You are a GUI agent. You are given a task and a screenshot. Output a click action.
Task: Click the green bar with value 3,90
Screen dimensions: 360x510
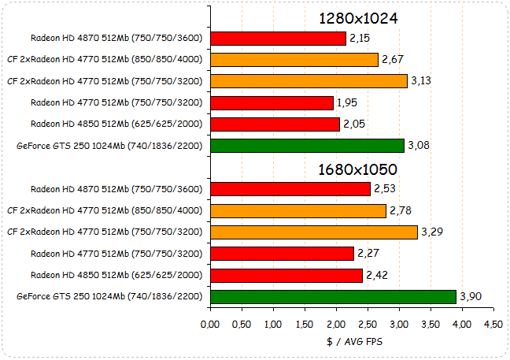click(333, 296)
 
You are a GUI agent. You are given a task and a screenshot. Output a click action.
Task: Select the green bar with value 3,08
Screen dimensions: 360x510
click(307, 145)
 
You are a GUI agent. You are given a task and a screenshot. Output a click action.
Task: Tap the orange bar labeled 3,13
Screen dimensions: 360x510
click(309, 80)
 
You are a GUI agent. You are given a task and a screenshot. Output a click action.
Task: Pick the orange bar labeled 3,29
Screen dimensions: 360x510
click(313, 232)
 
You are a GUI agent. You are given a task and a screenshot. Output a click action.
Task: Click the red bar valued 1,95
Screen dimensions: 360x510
click(272, 102)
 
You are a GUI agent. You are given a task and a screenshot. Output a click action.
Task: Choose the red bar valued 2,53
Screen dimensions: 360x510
click(290, 189)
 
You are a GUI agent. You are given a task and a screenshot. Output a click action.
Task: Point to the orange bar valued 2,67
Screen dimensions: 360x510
click(294, 59)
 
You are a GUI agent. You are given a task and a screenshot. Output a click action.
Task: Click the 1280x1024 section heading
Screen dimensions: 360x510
click(358, 18)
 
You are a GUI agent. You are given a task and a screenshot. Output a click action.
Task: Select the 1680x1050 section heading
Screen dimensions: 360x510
click(357, 169)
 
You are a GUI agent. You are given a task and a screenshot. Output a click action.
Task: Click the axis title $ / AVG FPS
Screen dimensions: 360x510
click(350, 342)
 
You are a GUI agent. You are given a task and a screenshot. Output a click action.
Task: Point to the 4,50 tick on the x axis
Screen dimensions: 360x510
click(493, 324)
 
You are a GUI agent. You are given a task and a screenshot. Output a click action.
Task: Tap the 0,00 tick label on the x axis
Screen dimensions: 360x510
click(210, 324)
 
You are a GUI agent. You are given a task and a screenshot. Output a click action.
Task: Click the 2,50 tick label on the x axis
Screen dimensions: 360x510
click(368, 324)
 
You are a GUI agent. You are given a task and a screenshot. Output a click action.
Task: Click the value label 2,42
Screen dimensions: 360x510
click(377, 275)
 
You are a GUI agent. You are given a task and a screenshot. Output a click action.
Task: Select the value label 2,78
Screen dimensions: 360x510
click(401, 210)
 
